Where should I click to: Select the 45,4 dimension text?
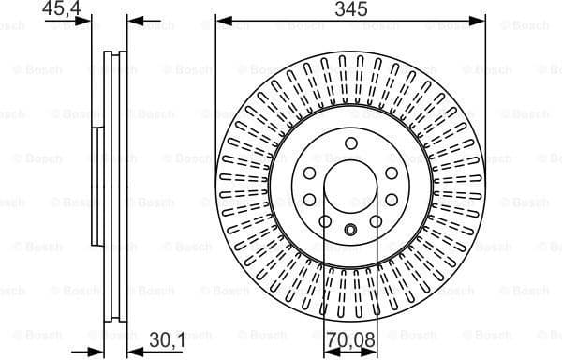(60, 9)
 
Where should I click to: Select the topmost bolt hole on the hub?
(350, 143)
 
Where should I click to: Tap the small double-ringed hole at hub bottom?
(350, 231)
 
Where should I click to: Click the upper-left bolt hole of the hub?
(310, 172)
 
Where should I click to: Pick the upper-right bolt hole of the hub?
(391, 172)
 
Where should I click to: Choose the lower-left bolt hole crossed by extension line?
(325, 220)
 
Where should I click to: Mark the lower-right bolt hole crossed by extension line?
(376, 220)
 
